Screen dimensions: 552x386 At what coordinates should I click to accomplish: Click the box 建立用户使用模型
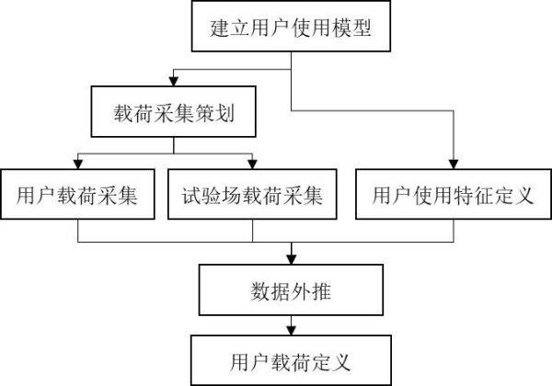(x=291, y=27)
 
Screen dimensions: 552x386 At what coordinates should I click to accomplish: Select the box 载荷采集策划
(x=173, y=111)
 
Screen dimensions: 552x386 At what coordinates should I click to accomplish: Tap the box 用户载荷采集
(x=77, y=194)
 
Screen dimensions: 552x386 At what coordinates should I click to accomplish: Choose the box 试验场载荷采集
(x=252, y=194)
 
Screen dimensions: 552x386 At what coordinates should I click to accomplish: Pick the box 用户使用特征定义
(x=454, y=194)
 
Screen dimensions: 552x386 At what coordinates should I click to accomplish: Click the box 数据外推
(x=291, y=289)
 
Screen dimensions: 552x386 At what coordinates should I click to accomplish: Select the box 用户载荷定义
(x=291, y=360)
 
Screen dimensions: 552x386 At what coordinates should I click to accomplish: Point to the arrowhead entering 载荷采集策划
(x=173, y=81)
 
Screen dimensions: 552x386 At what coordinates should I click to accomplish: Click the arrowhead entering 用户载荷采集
(x=78, y=165)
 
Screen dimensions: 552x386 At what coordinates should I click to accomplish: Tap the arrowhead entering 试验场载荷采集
(x=252, y=165)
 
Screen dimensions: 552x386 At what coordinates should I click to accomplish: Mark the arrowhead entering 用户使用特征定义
(x=454, y=165)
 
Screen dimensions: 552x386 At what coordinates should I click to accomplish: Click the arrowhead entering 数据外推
(x=291, y=259)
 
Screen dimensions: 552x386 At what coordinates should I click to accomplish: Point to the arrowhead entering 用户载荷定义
(x=291, y=331)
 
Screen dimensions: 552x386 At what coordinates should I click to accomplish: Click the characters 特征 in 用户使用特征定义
(x=473, y=196)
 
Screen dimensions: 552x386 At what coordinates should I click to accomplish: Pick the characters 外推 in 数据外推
(x=311, y=291)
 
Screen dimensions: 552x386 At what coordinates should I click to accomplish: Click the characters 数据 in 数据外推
(x=270, y=291)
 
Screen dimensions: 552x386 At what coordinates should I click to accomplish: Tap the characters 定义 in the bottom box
(x=331, y=362)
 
